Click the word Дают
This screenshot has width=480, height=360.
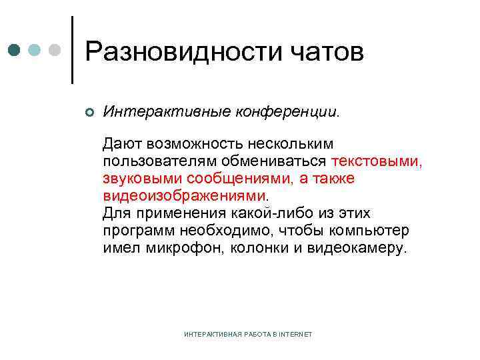coord(123,143)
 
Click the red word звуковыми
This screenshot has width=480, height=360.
coord(143,179)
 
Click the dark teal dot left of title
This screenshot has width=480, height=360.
coord(14,50)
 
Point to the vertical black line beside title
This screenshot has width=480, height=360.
coord(72,50)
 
